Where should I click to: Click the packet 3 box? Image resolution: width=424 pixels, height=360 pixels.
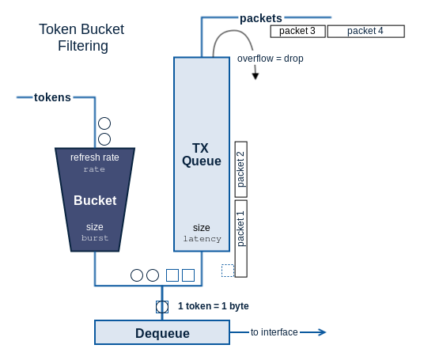297,31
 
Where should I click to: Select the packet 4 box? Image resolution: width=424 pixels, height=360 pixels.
366,31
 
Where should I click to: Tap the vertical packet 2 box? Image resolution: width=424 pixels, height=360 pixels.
241,169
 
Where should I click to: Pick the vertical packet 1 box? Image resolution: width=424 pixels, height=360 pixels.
241,239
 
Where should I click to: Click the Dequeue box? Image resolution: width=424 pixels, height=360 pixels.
162,332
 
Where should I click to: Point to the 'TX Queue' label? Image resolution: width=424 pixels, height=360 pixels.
202,154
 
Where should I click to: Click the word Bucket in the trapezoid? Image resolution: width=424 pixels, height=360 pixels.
95,200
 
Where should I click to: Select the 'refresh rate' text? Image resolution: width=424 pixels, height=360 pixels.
95,157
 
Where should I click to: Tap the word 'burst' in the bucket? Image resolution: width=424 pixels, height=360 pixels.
95,238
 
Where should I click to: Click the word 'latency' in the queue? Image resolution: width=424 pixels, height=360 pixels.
202,239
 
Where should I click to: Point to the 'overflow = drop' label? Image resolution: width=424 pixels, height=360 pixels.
270,59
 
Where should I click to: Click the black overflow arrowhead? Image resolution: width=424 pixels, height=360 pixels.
256,76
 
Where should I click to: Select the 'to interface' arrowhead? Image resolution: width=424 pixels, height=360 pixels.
322,332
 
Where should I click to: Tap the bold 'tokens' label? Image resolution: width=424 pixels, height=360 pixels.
52,97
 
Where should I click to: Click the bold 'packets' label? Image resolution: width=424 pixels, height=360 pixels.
261,18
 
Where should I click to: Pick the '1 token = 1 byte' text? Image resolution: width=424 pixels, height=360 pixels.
214,306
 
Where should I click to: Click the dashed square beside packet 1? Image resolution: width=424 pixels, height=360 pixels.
228,271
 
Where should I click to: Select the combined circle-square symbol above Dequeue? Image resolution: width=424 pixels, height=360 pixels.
162,307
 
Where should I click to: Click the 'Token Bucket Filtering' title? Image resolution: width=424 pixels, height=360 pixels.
81,37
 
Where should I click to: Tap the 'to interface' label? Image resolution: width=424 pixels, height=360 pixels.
274,332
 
